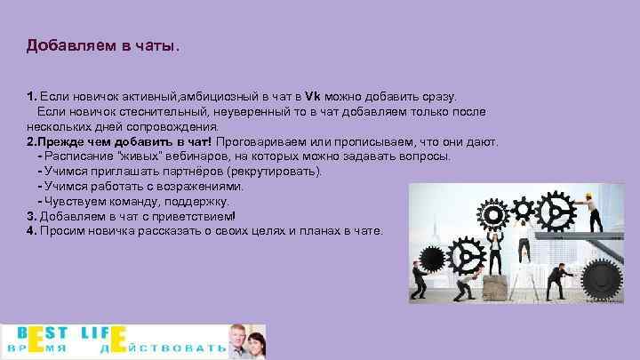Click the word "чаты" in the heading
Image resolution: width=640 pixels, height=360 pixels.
pyautogui.click(x=155, y=44)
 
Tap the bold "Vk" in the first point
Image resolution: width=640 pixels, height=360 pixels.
pyautogui.click(x=311, y=95)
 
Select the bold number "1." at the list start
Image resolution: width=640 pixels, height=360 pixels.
pyautogui.click(x=31, y=95)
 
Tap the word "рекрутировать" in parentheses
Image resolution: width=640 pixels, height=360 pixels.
pyautogui.click(x=276, y=171)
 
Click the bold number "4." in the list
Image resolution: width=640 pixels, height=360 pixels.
pyautogui.click(x=31, y=231)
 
